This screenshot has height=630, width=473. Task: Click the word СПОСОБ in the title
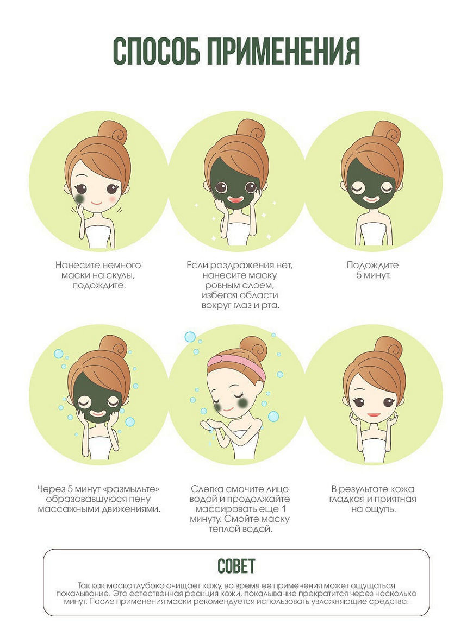click(x=155, y=52)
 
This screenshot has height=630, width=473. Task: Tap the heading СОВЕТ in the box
click(x=236, y=566)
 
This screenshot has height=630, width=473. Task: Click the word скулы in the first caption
click(x=119, y=276)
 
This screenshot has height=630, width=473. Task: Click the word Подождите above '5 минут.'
click(x=373, y=266)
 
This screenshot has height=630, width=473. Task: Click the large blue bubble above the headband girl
click(x=190, y=337)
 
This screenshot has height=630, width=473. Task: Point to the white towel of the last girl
click(x=374, y=452)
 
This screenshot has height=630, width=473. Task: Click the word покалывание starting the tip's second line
click(x=83, y=594)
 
